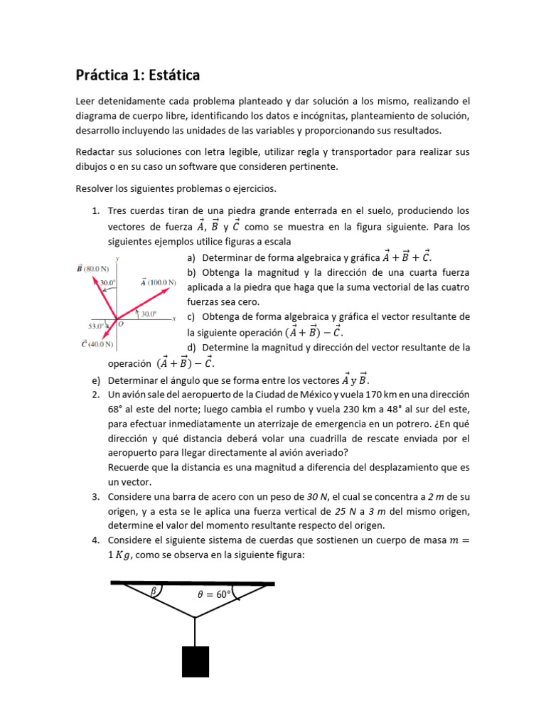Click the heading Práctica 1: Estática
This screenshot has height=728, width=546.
click(x=137, y=74)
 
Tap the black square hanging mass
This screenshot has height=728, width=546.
click(x=196, y=661)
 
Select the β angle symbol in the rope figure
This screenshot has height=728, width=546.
click(x=153, y=591)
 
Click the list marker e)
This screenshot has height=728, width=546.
click(x=95, y=379)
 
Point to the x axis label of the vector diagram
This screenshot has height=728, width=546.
click(x=173, y=318)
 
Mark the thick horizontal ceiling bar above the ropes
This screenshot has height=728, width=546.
click(x=193, y=583)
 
